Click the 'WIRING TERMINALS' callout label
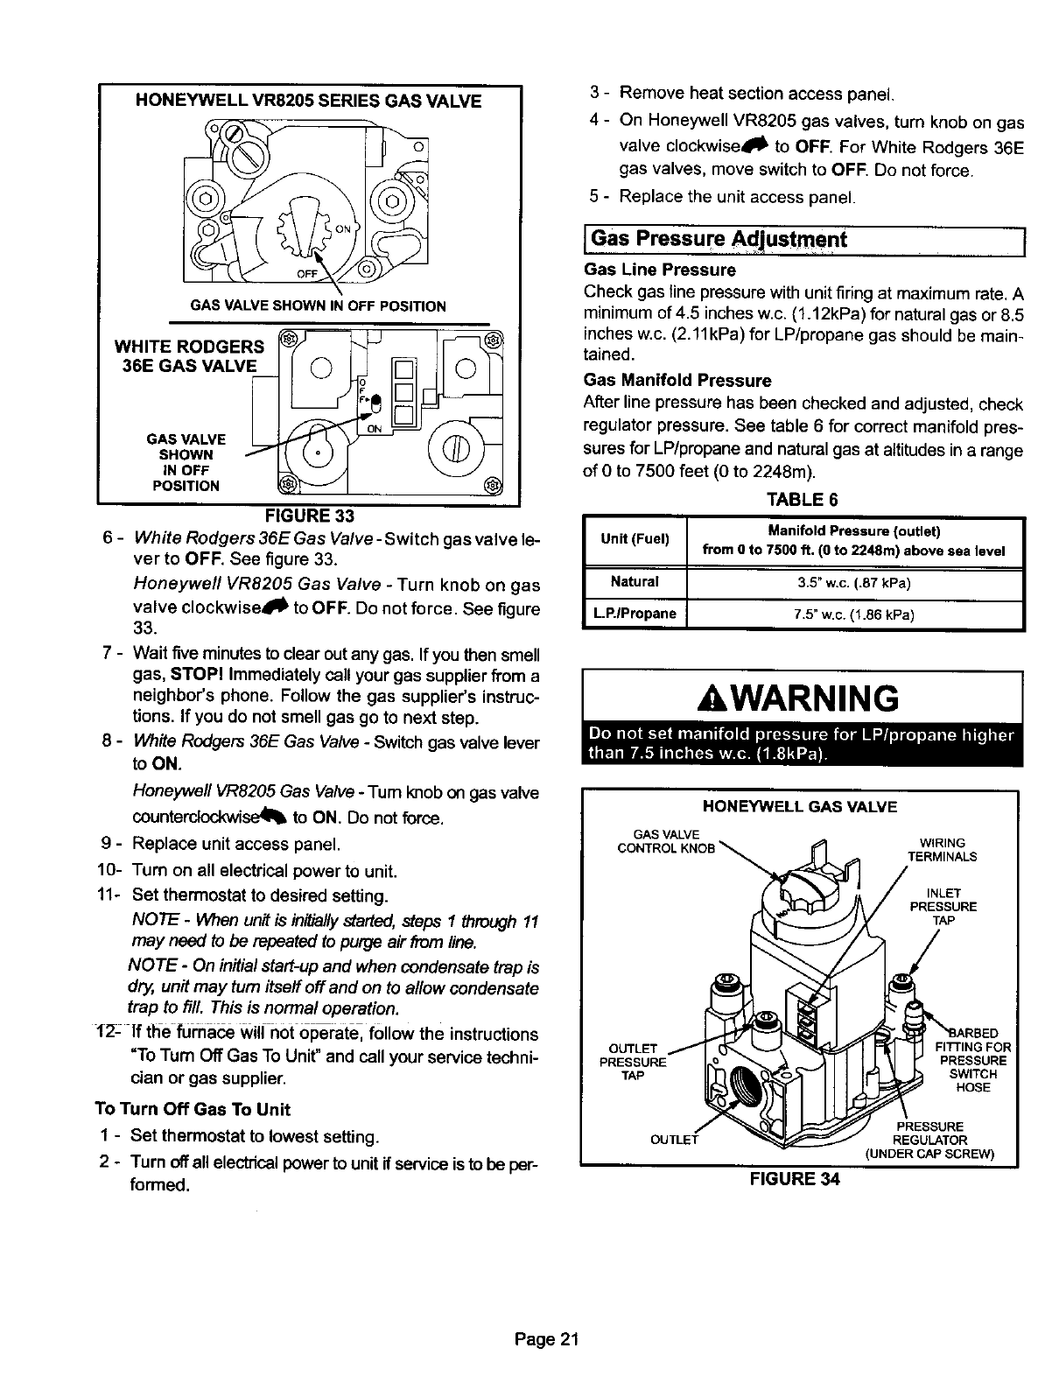click(942, 850)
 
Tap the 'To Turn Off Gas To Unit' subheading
click(192, 1110)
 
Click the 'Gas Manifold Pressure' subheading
click(677, 381)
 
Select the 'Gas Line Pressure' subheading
click(660, 270)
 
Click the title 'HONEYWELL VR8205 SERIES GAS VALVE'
click(308, 101)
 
